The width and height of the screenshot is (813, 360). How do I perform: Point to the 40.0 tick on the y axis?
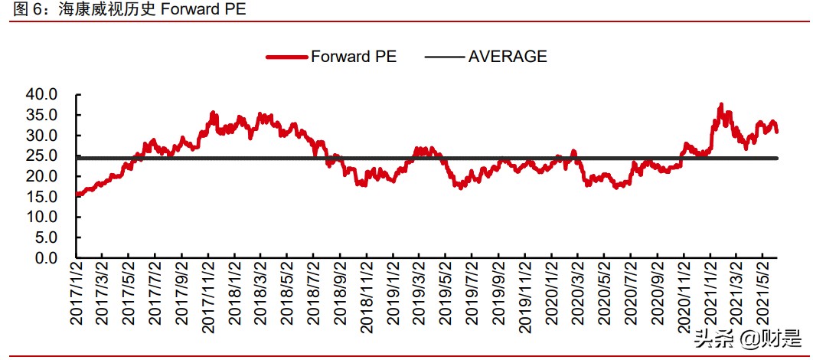click(x=42, y=94)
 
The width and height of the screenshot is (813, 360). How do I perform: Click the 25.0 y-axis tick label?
click(x=42, y=155)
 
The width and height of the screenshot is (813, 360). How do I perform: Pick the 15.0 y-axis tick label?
click(x=42, y=197)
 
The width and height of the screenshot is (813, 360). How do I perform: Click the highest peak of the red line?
click(x=720, y=105)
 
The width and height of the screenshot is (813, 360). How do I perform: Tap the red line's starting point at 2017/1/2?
click(x=77, y=195)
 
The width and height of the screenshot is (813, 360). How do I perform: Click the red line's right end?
click(x=777, y=131)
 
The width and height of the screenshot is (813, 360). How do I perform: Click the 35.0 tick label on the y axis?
click(x=42, y=115)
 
